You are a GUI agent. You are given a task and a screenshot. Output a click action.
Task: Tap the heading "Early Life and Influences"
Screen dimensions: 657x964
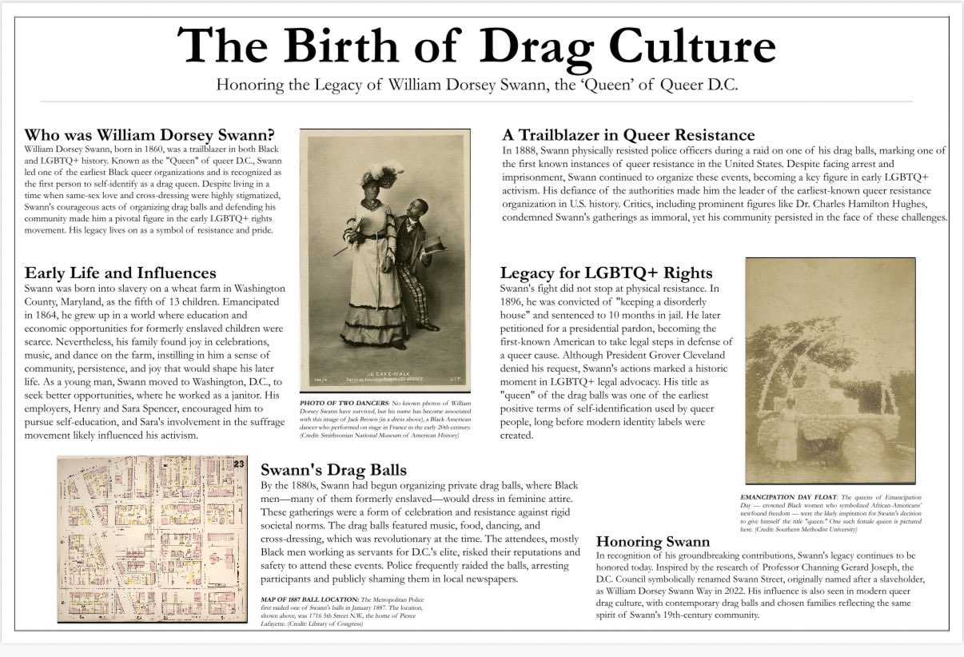(120, 273)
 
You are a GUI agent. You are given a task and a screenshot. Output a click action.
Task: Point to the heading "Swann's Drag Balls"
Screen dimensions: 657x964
(333, 469)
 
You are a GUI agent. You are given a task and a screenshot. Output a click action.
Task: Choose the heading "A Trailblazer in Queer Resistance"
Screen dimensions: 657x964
(628, 135)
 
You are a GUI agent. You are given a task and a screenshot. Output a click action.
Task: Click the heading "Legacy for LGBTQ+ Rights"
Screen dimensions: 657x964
(607, 273)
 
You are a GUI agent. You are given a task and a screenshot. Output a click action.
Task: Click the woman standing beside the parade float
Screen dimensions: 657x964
(787, 436)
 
